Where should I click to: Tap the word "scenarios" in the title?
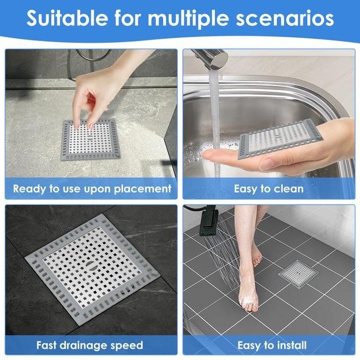tap(285, 19)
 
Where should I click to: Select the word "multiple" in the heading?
tap(188, 19)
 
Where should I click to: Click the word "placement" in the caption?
tap(142, 189)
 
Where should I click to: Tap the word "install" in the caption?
tap(291, 345)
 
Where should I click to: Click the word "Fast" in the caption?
tap(47, 345)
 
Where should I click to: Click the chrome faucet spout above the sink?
tap(210, 58)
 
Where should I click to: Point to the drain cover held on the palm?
tap(281, 139)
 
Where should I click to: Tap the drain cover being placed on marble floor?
tap(91, 139)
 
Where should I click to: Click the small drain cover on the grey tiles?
tap(298, 274)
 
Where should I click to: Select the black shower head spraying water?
tap(209, 220)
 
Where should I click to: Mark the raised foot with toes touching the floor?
tap(256, 255)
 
